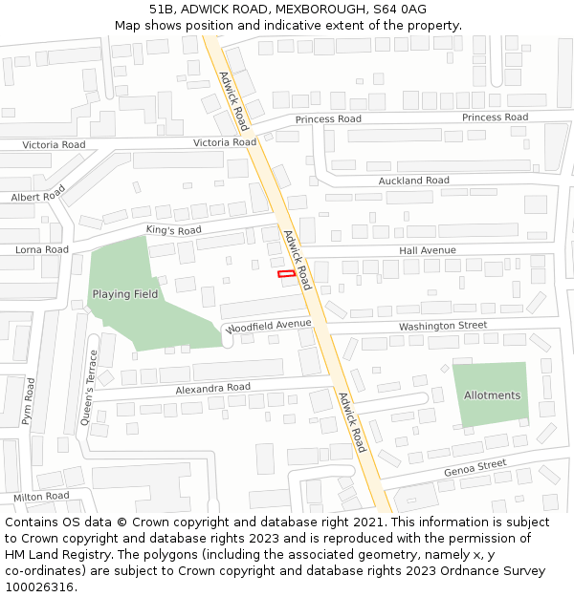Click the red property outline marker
[285, 274]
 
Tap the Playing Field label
[125, 294]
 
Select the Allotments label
[492, 395]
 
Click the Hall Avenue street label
[428, 250]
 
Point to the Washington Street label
[443, 326]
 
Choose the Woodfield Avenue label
[271, 325]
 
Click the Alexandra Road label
[212, 388]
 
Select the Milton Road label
[41, 497]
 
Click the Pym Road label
[29, 401]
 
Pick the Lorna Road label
[42, 249]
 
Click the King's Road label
[173, 230]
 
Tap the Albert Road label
[37, 195]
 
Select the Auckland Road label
[413, 181]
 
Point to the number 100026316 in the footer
[39, 587]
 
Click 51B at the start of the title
[161, 10]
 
